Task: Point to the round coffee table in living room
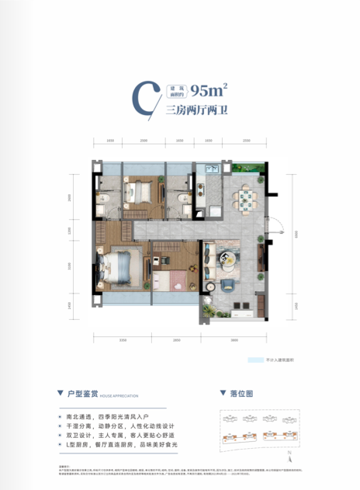point(230,261)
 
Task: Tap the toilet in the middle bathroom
point(180,200)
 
